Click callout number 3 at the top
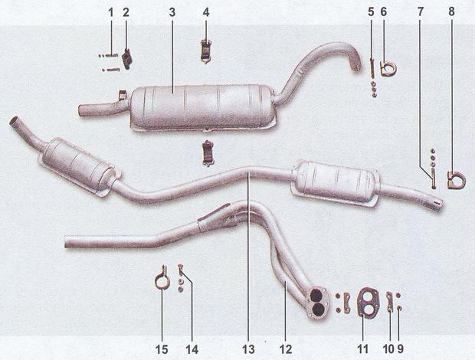(x=172, y=13)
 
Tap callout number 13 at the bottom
(x=248, y=349)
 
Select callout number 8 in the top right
(x=451, y=11)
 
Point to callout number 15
(x=162, y=350)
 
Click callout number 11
(x=362, y=349)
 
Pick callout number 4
(x=206, y=12)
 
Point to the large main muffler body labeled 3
(x=202, y=107)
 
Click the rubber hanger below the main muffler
(x=208, y=153)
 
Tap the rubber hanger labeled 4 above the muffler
(x=206, y=51)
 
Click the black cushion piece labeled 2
(x=127, y=58)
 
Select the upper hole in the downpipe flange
(x=316, y=294)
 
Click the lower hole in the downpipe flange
(x=318, y=309)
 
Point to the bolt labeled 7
(x=434, y=179)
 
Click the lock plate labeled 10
(x=389, y=301)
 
